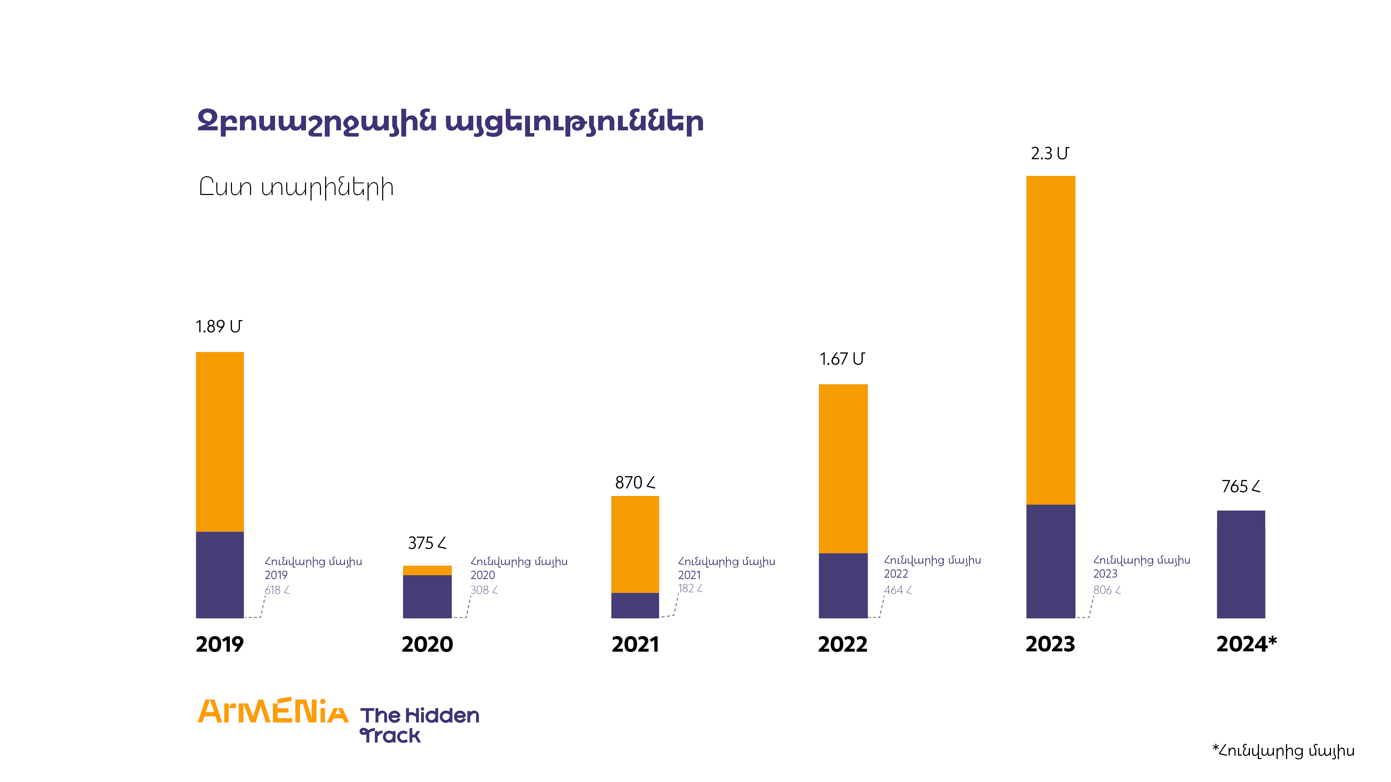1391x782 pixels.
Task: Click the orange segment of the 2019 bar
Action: (220, 441)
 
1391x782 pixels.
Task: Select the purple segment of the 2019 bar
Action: (220, 575)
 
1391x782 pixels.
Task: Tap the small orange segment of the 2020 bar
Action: (427, 570)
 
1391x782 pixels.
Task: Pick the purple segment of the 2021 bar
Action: (635, 605)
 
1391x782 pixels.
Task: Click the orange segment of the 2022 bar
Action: (843, 469)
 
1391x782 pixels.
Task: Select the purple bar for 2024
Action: (1241, 564)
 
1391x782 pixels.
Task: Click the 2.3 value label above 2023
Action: (1049, 154)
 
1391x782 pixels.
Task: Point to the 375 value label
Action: (427, 543)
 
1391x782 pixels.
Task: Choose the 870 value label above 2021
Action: (635, 482)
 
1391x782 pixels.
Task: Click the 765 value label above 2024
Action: (1241, 486)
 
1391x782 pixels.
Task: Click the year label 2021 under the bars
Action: (635, 644)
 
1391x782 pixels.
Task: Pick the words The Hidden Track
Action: (419, 725)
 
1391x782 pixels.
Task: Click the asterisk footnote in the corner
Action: (1283, 751)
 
